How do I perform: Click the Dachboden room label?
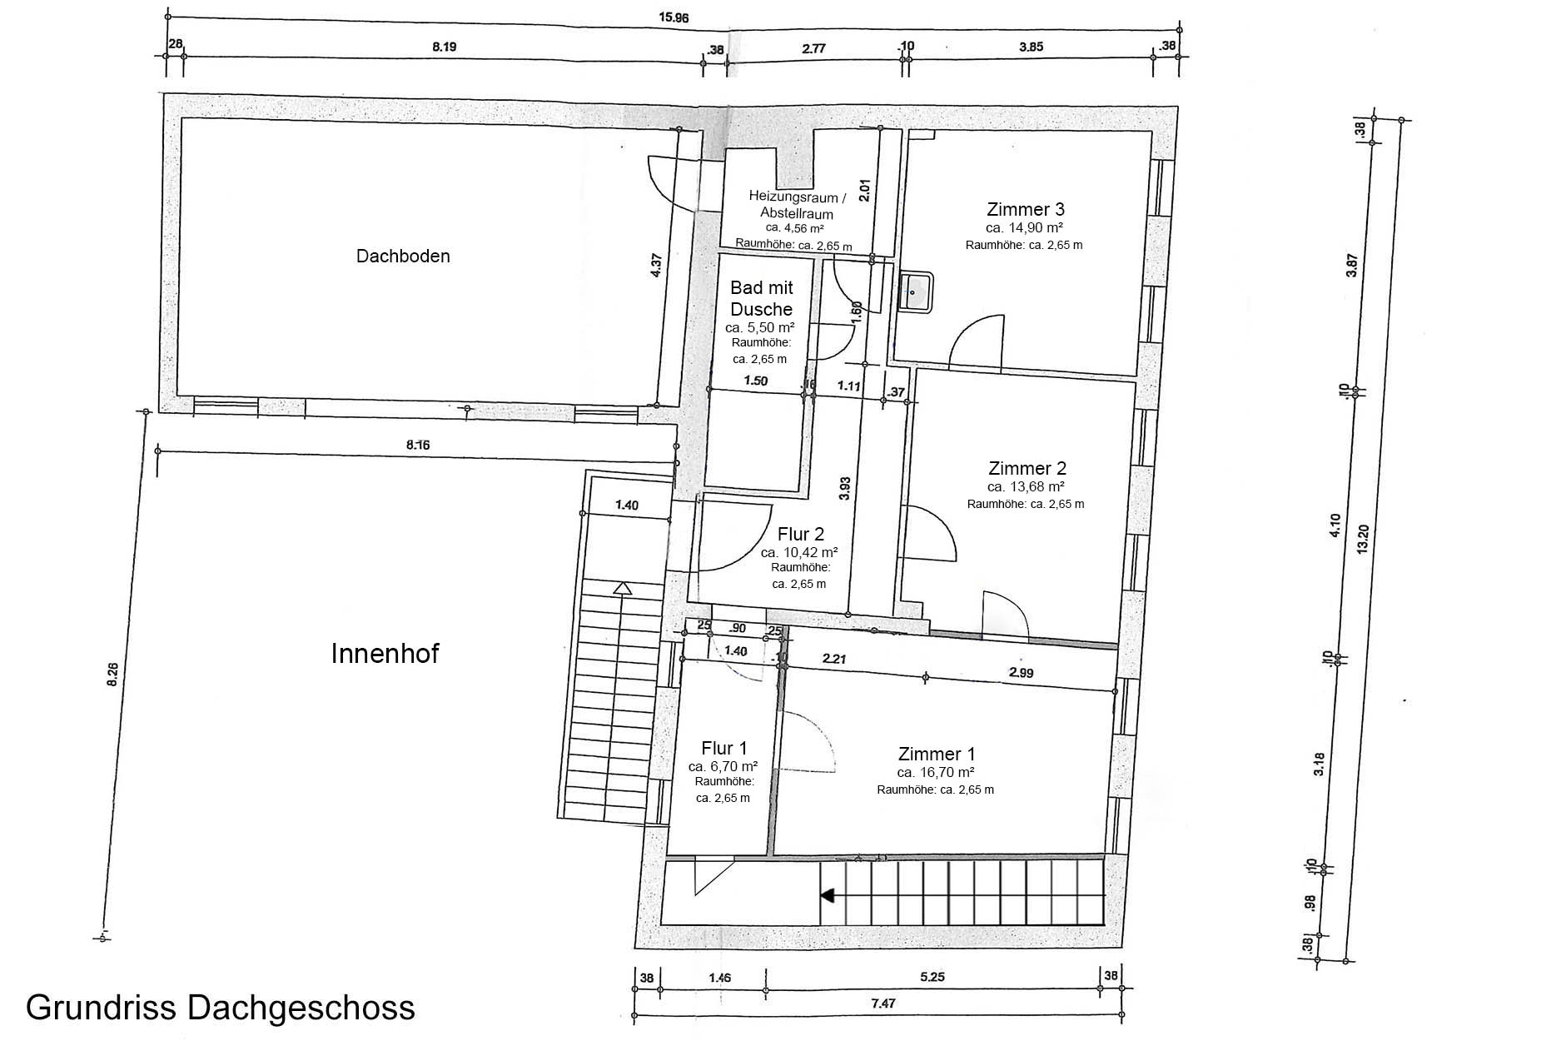403,257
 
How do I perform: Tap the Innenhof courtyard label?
385,654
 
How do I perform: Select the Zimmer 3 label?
1025,209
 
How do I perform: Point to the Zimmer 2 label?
1027,468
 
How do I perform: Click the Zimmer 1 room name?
937,755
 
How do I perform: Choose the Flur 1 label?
724,748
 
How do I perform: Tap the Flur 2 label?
800,534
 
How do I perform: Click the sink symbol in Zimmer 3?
915,292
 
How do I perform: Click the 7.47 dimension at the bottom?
882,1004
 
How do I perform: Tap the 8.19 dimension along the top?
444,47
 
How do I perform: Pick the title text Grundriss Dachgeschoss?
221,1008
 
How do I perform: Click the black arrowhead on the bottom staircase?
828,896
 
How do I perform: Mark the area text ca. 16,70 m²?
936,773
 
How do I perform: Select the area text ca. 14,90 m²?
1024,227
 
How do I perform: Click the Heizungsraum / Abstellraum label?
797,206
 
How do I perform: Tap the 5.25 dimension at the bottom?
933,977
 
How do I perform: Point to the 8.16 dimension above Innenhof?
418,445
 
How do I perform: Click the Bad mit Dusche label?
762,299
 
